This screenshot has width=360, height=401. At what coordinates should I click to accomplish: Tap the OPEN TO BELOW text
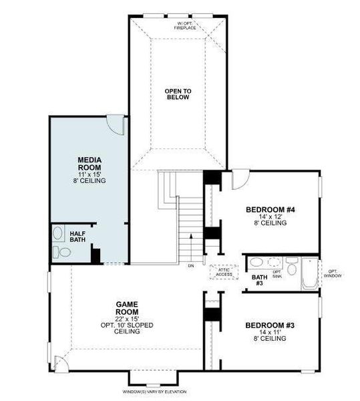pos(178,94)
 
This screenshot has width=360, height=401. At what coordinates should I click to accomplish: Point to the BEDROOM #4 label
pos(270,210)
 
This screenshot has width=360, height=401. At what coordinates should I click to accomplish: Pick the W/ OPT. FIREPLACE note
pos(185,26)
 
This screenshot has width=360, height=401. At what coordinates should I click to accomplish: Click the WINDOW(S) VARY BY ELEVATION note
pos(155,392)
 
